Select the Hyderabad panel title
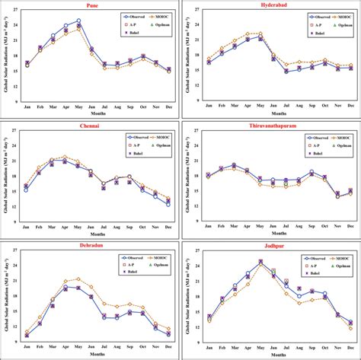click(270, 4)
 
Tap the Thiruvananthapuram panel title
click(270, 124)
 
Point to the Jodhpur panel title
click(270, 245)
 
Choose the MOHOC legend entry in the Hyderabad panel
click(341, 15)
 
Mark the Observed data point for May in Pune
click(78, 21)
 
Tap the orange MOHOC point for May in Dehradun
click(78, 279)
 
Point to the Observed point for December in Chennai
click(168, 204)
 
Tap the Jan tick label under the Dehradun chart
click(27, 347)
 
